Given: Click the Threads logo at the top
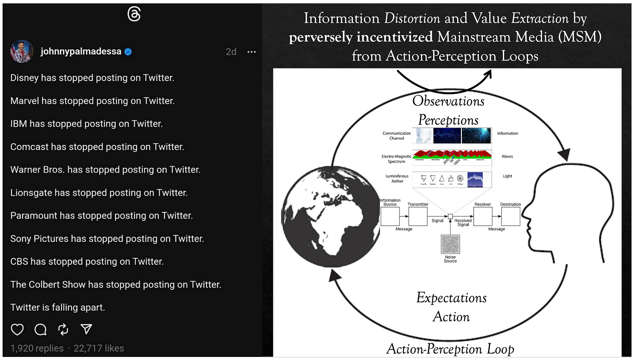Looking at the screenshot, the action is (x=133, y=14).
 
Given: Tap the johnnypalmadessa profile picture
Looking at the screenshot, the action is (x=22, y=51).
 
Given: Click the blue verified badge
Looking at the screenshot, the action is (x=128, y=52).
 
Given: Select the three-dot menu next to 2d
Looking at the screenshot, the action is (x=252, y=52).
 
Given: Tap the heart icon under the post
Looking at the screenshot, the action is (x=17, y=329).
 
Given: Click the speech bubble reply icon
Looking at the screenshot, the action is (x=41, y=329).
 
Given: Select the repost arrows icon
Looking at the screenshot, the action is (x=64, y=329).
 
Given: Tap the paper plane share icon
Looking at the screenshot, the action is (x=86, y=329).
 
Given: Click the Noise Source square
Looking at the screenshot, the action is (x=451, y=245).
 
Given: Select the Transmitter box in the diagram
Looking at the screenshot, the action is (x=417, y=216).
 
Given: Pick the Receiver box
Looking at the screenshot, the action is (x=483, y=216).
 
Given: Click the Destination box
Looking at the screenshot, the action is (x=510, y=216).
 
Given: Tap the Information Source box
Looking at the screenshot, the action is (x=390, y=216).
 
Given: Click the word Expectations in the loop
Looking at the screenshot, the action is (x=451, y=298).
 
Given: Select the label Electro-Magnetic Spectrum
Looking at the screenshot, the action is (x=396, y=159).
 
